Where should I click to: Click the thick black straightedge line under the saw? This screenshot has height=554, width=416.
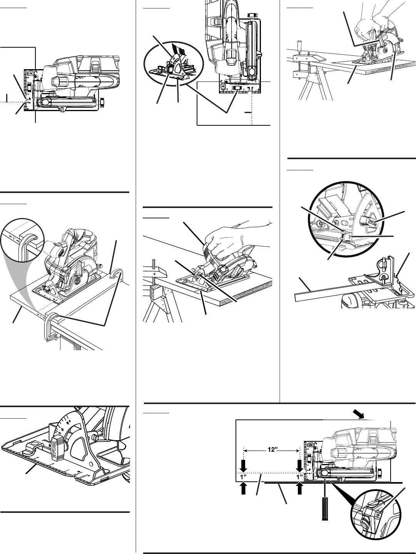coord(331,482)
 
